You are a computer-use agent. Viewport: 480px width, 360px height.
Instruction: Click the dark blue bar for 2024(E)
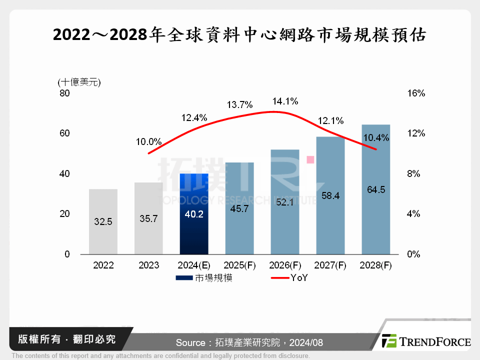193,214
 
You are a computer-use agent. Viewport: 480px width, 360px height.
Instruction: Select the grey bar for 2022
103,221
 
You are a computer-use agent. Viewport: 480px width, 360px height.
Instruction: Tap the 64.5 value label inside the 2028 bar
375,189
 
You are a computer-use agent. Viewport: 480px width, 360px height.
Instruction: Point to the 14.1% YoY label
285,101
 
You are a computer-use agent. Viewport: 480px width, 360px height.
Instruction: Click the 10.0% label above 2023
148,141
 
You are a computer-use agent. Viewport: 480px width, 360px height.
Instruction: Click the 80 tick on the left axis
65,93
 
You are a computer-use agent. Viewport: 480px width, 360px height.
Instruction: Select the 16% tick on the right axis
416,93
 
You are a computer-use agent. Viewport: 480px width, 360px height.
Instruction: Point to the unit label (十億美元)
79,82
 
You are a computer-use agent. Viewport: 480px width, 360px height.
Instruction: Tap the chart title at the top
239,35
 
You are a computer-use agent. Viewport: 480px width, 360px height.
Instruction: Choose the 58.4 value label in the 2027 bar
330,196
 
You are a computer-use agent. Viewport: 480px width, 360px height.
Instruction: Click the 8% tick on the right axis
416,174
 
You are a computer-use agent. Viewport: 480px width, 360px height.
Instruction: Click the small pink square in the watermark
310,159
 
